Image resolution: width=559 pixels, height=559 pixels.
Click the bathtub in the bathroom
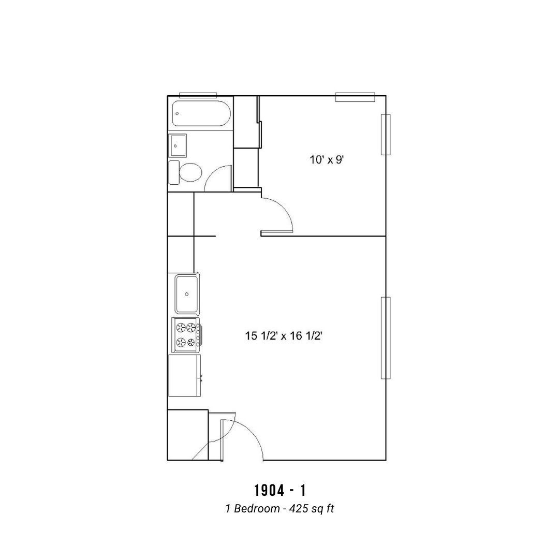(201, 114)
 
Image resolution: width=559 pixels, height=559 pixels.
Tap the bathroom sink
(178, 145)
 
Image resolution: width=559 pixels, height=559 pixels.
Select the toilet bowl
(190, 172)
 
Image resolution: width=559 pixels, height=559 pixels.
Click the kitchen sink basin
(187, 294)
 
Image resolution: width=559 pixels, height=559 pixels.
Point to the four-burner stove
(186, 335)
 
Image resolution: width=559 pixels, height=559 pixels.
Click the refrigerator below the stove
(185, 375)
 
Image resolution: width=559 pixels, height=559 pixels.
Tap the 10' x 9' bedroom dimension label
(326, 160)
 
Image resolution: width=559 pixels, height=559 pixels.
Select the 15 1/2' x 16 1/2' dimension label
(284, 336)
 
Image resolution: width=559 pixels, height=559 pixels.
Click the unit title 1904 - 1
(280, 491)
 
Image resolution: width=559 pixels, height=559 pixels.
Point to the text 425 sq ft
(312, 508)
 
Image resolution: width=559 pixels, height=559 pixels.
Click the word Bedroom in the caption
(257, 508)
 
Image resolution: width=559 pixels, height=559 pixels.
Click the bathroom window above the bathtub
(198, 95)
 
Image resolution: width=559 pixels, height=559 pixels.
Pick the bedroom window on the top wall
(355, 97)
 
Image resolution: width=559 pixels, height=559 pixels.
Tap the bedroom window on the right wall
(386, 135)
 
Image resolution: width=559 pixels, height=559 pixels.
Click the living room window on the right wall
(386, 338)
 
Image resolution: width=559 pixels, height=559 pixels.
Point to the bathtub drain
(177, 114)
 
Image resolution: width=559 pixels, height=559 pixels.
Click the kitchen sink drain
(187, 294)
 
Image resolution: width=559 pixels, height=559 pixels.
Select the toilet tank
(174, 172)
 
